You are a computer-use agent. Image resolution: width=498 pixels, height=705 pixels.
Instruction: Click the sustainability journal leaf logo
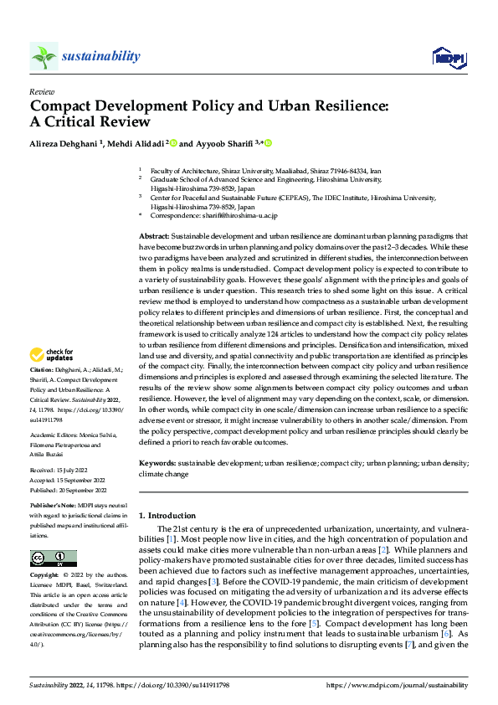click(x=44, y=56)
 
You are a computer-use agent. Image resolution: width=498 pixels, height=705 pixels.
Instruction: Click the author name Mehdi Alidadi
click(x=136, y=143)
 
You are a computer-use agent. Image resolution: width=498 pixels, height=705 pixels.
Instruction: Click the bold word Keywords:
click(x=157, y=462)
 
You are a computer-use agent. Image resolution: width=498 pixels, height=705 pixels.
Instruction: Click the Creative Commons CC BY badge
click(x=53, y=558)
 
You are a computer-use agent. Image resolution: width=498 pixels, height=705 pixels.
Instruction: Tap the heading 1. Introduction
click(x=167, y=516)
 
